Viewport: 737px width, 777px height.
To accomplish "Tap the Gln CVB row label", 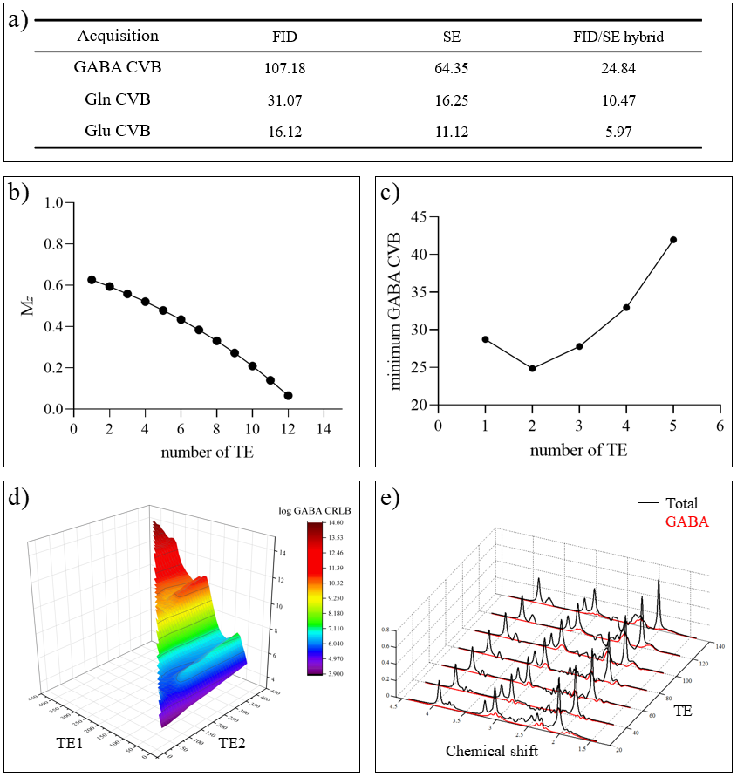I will (x=118, y=99).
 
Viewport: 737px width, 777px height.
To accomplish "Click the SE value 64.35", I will (x=451, y=67).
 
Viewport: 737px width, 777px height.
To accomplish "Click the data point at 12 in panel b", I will (x=288, y=395).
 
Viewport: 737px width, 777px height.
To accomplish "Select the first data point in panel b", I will (x=92, y=280).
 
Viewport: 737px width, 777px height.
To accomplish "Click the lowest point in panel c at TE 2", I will (x=532, y=368).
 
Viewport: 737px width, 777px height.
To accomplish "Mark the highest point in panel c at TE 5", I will (x=673, y=240).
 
